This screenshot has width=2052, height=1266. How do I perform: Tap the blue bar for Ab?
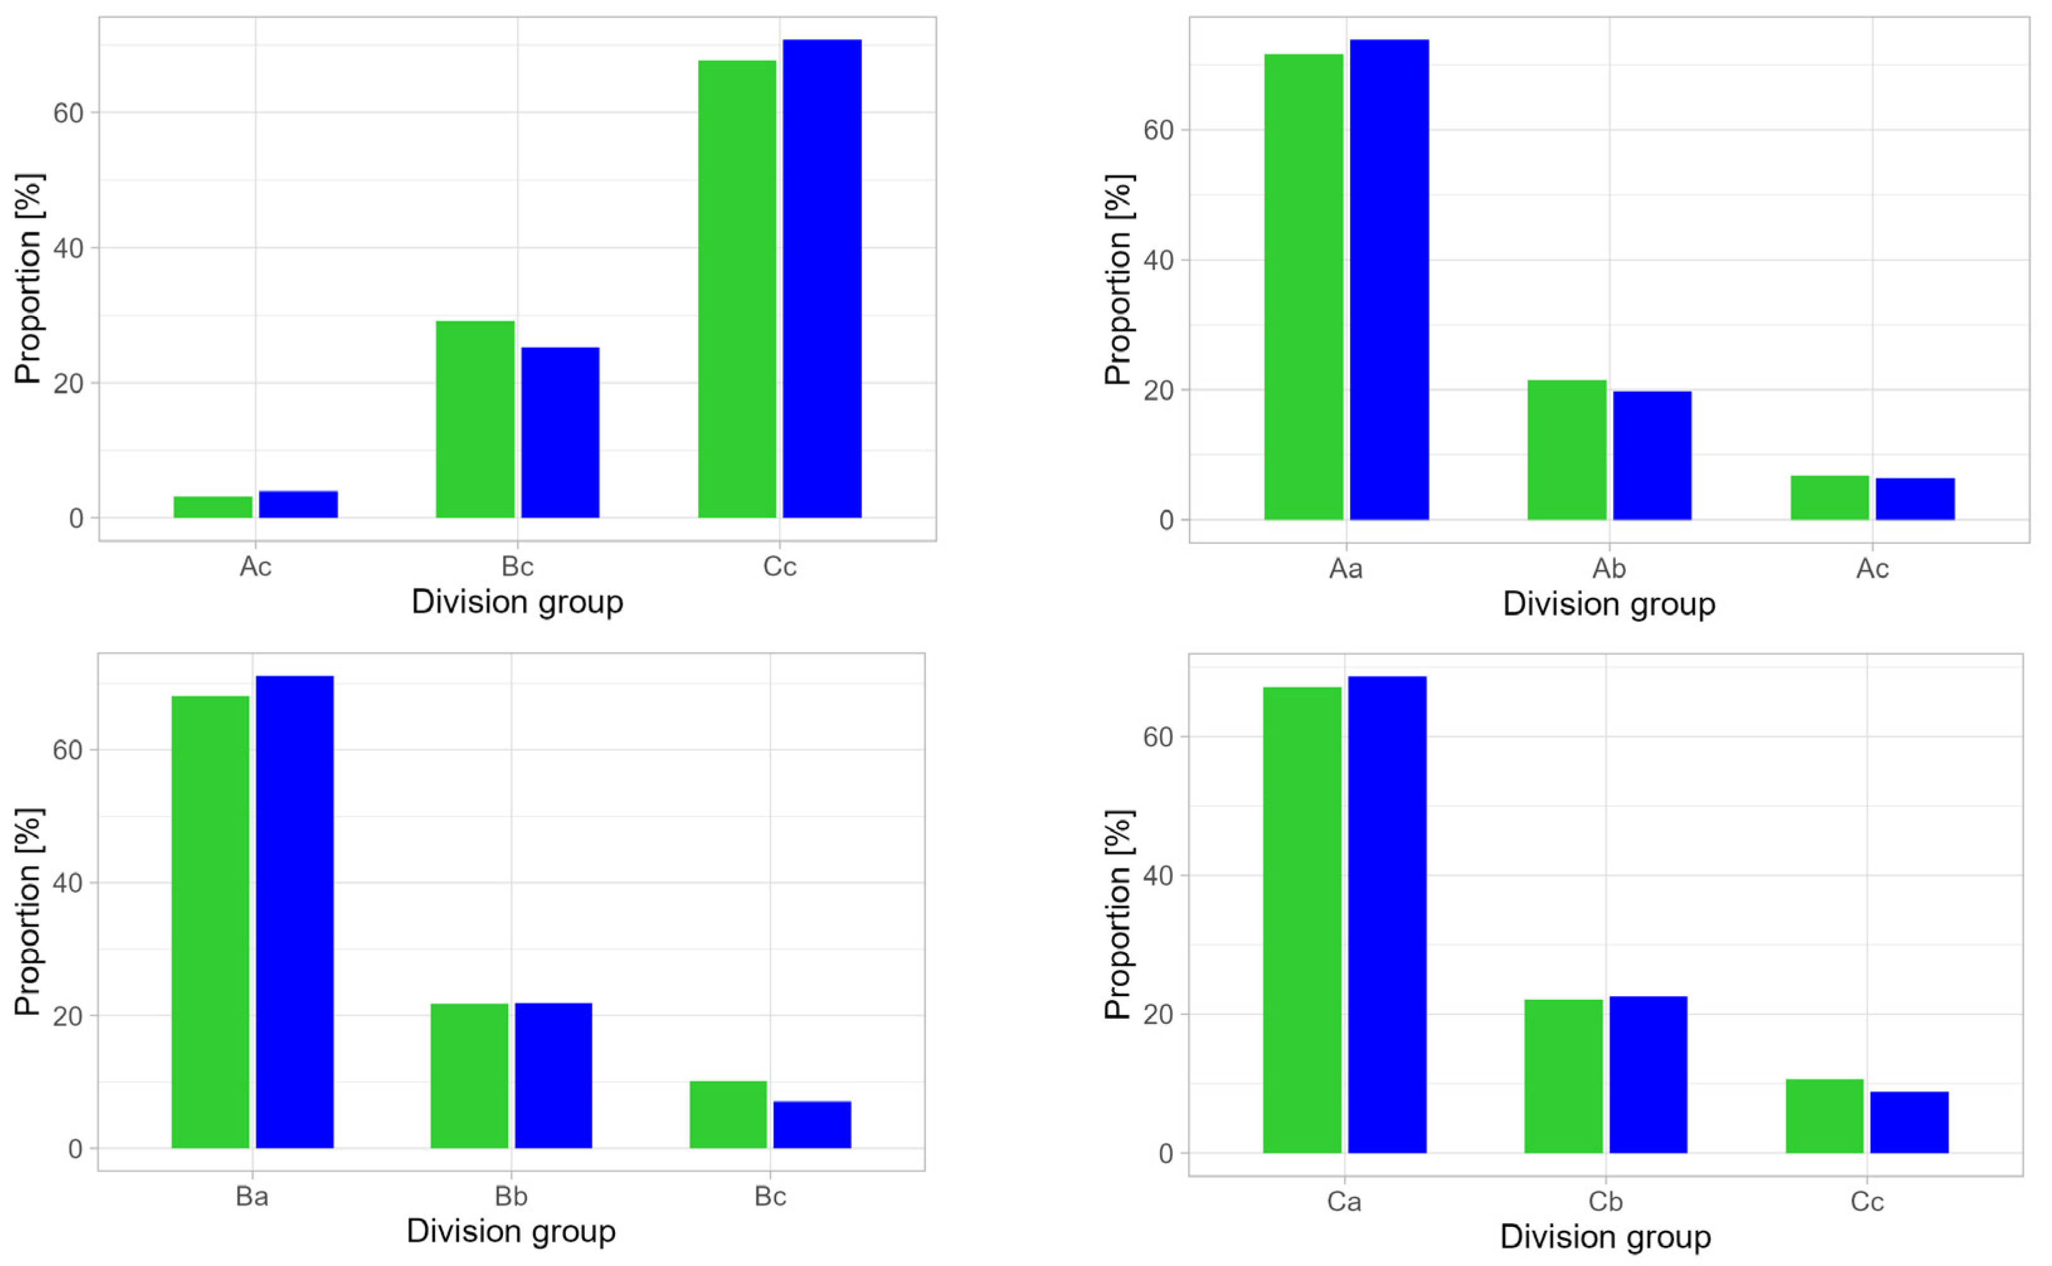pyautogui.click(x=1652, y=456)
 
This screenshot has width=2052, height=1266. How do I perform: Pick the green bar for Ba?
pyautogui.click(x=210, y=921)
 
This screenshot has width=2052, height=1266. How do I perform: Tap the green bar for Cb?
pyautogui.click(x=1563, y=1076)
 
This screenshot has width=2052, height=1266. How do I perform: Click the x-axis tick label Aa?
pyautogui.click(x=1345, y=569)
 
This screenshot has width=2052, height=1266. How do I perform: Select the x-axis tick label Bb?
pyautogui.click(x=511, y=1197)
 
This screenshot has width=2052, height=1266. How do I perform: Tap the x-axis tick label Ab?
pyautogui.click(x=1608, y=569)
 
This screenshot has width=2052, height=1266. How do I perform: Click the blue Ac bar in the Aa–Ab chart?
pyautogui.click(x=1915, y=499)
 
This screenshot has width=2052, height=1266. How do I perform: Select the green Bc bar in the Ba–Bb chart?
pyautogui.click(x=728, y=1114)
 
